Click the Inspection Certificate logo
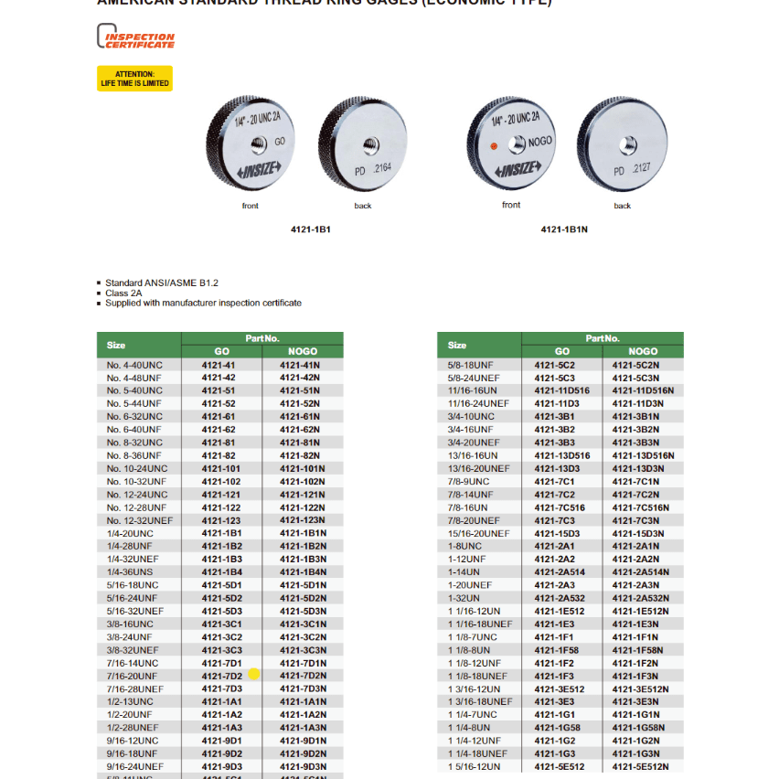pos(135,37)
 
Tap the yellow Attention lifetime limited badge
pos(134,79)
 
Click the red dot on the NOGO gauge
pos(495,145)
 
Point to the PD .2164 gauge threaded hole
pos(371,144)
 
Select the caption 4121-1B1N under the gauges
pos(563,229)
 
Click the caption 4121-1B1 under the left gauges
pos(310,229)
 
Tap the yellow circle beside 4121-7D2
pos(254,674)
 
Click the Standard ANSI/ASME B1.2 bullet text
pos(161,283)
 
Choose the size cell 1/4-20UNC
pos(130,533)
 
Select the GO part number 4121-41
pos(219,365)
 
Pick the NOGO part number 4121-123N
pos(302,520)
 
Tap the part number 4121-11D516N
pos(643,390)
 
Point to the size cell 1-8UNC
pos(464,546)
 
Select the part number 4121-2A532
pos(560,598)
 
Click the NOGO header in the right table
pos(643,351)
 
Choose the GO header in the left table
pos(222,351)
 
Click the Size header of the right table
pos(457,345)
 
